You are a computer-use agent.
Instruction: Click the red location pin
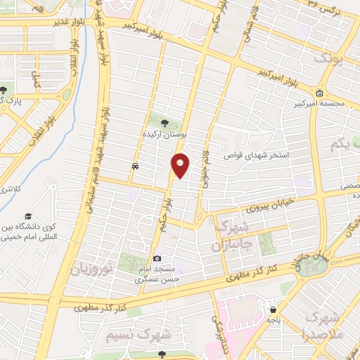tap(181, 165)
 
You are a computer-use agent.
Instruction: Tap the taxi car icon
tap(134, 167)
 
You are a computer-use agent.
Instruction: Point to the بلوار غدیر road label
tap(61, 22)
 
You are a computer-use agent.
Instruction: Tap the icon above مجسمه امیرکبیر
tap(320, 93)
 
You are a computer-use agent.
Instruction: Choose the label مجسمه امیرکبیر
tap(320, 104)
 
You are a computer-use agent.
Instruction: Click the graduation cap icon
tap(28, 216)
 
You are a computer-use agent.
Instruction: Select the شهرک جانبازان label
tap(230, 237)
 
